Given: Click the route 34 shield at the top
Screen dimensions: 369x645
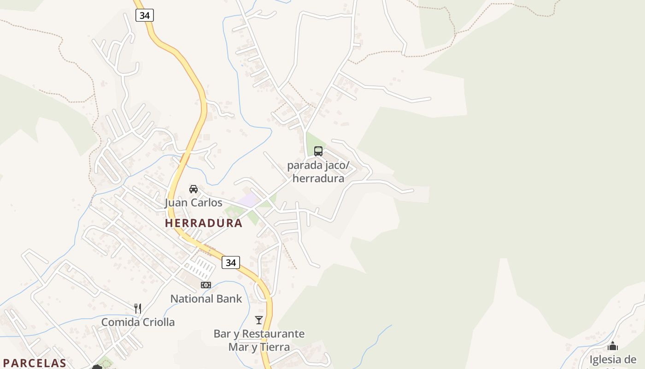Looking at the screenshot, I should (x=145, y=15).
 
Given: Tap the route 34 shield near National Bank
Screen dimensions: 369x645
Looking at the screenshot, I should (x=231, y=262).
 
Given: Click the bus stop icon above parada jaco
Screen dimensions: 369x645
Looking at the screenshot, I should (x=318, y=151).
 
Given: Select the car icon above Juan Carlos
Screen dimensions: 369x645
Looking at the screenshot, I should (x=193, y=189).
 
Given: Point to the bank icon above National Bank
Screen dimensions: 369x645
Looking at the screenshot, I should (x=206, y=285).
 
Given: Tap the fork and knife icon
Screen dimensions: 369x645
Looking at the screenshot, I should (x=138, y=308).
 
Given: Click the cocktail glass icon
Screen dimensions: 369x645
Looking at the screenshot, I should (x=259, y=320).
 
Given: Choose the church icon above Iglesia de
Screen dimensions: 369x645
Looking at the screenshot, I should (x=613, y=346).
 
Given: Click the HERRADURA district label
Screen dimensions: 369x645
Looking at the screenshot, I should (x=204, y=223).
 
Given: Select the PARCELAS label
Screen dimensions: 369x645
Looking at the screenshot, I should (x=34, y=363).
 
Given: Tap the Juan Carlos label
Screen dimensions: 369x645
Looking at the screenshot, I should (x=193, y=203).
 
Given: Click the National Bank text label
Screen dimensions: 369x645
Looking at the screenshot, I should (x=206, y=299).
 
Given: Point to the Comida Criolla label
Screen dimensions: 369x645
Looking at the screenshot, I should (x=138, y=322).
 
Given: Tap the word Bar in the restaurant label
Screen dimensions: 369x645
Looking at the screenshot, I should (x=222, y=333).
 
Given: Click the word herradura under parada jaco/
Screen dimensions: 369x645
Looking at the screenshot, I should (x=318, y=179).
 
